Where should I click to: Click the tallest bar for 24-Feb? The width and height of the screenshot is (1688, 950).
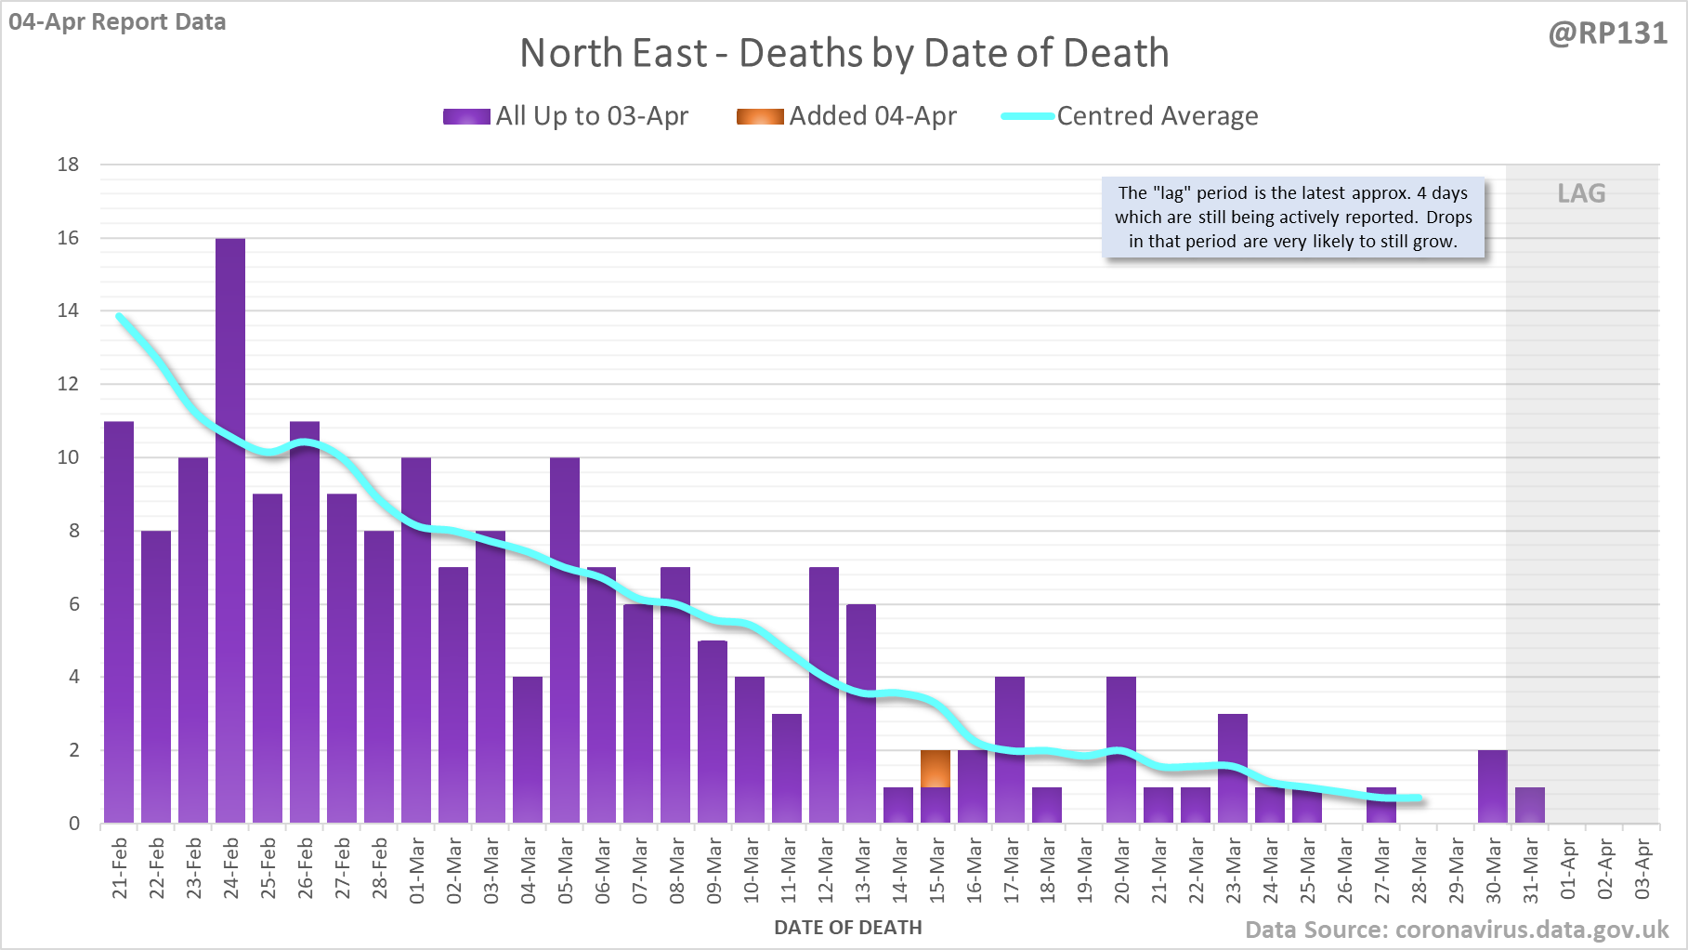pos(230,530)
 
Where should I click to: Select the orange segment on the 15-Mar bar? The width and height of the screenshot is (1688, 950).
pos(936,769)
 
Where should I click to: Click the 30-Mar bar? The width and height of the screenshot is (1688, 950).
pos(1493,786)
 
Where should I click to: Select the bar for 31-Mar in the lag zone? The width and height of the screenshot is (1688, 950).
pos(1530,805)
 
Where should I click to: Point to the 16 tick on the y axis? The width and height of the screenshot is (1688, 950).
pos(69,238)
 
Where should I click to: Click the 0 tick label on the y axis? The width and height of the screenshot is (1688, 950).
pos(74,824)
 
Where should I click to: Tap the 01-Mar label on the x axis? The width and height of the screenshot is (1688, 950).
pos(417,870)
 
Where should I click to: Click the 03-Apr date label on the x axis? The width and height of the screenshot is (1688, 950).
pos(1642,869)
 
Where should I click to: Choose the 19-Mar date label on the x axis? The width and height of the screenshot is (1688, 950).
pos(1085,870)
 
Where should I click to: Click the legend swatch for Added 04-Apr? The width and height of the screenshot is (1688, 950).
pos(760,116)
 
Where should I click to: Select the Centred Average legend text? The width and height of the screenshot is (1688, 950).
pos(1158,116)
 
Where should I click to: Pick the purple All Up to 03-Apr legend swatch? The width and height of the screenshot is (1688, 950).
pos(466,116)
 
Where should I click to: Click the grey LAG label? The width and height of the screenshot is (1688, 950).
pos(1581,193)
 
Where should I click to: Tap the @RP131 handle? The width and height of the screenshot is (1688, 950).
pos(1607,33)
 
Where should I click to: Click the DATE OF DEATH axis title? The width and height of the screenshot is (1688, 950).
pos(847,928)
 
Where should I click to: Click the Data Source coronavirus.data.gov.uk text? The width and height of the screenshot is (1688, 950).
pos(1457,930)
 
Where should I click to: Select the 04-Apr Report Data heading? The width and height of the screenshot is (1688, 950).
pos(117,21)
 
